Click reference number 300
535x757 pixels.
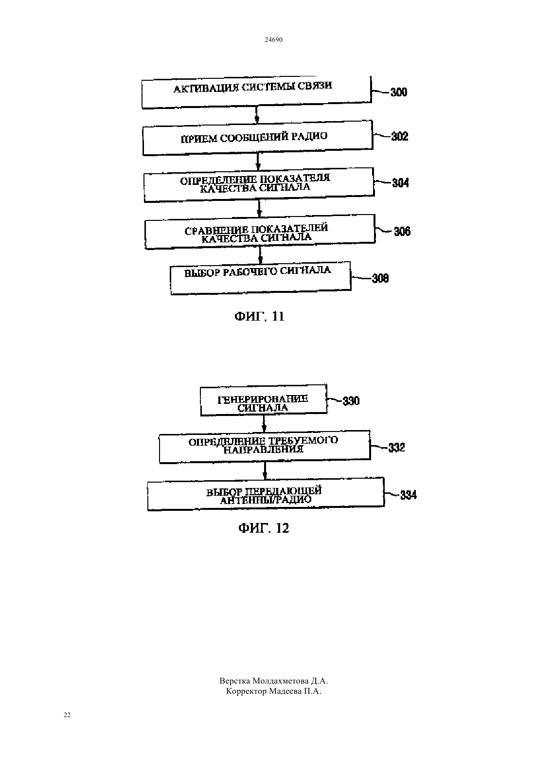(399, 92)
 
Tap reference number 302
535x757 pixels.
(400, 136)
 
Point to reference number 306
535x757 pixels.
(402, 232)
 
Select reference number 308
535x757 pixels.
(380, 278)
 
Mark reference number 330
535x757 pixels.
(351, 401)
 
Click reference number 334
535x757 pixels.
(409, 495)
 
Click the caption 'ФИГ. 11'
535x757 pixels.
(259, 316)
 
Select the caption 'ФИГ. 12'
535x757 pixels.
(264, 528)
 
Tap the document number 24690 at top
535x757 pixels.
(273, 39)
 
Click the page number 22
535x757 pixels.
(67, 715)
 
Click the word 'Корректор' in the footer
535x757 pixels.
(246, 691)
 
